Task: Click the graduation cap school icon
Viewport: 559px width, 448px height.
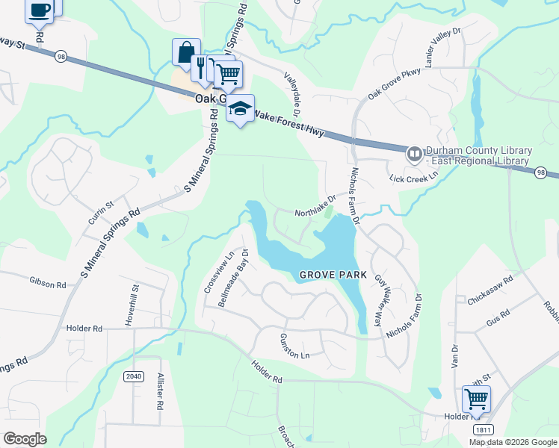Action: pos(240,109)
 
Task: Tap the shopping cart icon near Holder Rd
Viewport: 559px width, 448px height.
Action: pos(476,399)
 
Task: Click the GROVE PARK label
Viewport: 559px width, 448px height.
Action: pos(333,275)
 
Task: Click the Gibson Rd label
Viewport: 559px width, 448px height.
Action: pos(49,281)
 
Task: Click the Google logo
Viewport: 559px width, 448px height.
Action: pos(25,439)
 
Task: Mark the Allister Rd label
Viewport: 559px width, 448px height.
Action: pos(159,392)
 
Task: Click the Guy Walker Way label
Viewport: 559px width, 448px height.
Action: pos(382,302)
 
